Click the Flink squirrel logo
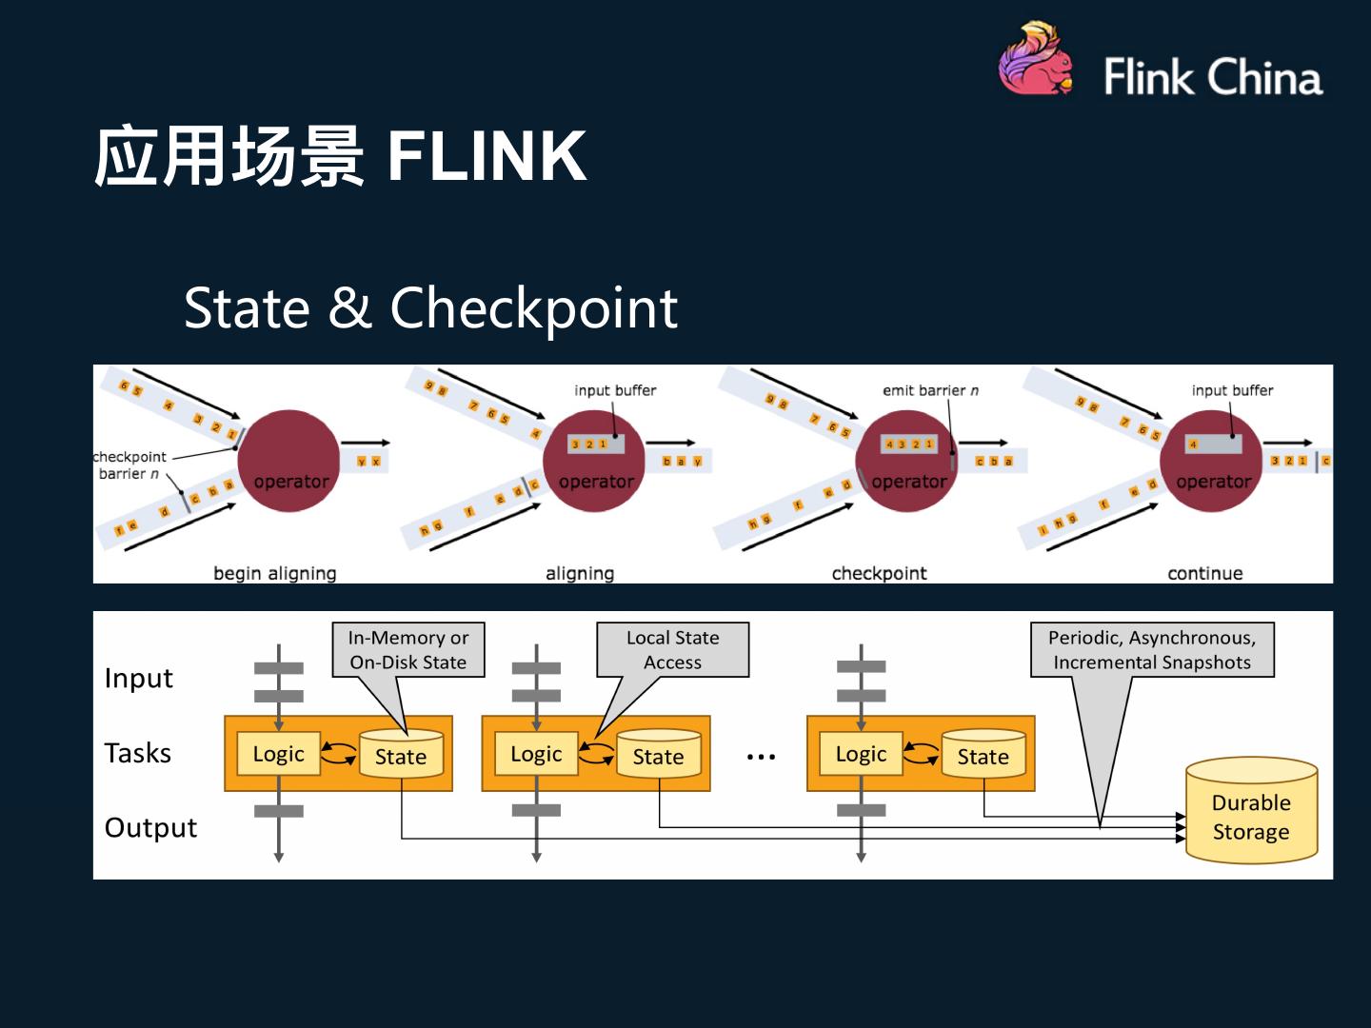tap(1036, 60)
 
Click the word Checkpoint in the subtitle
tap(533, 308)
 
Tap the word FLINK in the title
tap(487, 156)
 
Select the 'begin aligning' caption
tap(274, 573)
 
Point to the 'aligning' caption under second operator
tap(579, 573)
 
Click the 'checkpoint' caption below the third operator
tap(879, 573)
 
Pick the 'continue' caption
tap(1204, 573)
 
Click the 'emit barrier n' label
tap(930, 390)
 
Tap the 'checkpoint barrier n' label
tap(130, 465)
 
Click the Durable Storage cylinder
tap(1251, 812)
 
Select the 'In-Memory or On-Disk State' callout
tap(408, 650)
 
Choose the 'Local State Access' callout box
tap(672, 650)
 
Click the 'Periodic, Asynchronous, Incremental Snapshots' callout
tap(1152, 650)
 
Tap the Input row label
tap(139, 678)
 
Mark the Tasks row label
tap(138, 753)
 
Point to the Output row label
tap(150, 827)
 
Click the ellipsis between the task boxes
tap(761, 757)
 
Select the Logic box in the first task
tap(278, 754)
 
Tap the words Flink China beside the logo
tap(1213, 76)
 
